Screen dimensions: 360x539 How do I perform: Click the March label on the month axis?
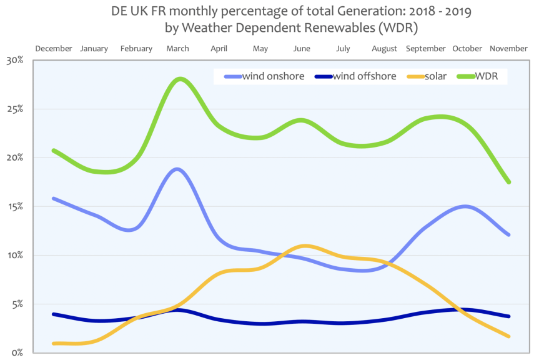178,49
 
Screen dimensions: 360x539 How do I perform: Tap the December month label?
54,49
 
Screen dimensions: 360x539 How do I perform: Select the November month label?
508,49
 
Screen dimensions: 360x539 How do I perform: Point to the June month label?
302,49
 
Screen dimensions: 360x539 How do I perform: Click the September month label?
426,49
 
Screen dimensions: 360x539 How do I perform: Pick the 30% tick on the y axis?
14,61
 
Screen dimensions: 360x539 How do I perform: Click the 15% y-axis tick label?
14,206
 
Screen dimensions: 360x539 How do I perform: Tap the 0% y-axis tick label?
16,352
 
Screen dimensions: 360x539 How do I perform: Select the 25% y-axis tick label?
14,109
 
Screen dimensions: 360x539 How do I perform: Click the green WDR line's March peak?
180,79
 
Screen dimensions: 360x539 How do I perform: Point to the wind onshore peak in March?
178,169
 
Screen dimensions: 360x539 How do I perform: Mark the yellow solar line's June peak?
304,246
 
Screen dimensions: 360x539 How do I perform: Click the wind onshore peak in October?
465,206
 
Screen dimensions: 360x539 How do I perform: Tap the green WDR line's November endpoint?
509,182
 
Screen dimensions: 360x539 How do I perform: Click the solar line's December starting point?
54,343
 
